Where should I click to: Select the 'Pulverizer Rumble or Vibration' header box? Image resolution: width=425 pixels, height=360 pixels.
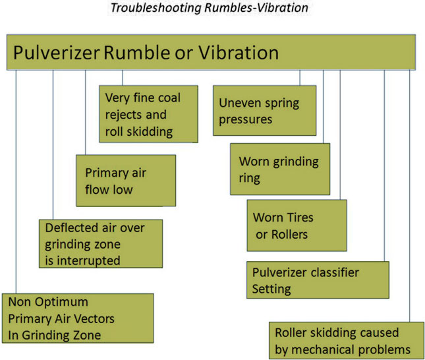pyautogui.click(x=211, y=53)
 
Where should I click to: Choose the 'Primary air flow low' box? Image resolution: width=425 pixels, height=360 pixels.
pyautogui.click(x=126, y=181)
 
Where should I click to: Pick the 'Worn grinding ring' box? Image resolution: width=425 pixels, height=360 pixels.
pyautogui.click(x=279, y=169)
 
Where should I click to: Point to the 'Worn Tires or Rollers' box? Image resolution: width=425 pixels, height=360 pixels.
pyautogui.click(x=297, y=225)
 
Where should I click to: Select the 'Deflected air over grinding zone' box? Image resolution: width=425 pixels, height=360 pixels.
pyautogui.click(x=100, y=243)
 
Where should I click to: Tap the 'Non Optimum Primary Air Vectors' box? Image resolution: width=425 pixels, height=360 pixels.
pyautogui.click(x=78, y=318)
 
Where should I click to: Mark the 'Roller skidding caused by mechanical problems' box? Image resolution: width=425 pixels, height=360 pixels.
pyautogui.click(x=344, y=340)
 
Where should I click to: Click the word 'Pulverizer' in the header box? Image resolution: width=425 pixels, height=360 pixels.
pyautogui.click(x=56, y=53)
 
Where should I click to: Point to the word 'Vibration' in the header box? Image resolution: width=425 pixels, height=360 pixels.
pyautogui.click(x=241, y=53)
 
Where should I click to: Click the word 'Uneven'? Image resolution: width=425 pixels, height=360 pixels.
pyautogui.click(x=241, y=104)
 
